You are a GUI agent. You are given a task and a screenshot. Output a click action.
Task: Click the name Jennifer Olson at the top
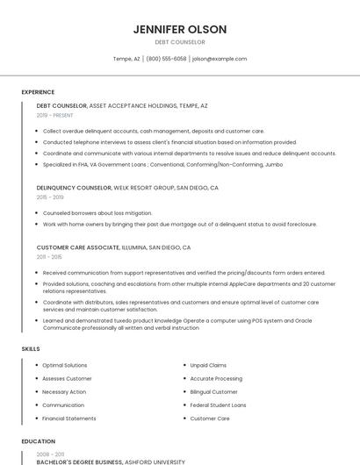[x=180, y=29]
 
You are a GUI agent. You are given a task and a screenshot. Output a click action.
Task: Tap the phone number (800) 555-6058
[x=166, y=59]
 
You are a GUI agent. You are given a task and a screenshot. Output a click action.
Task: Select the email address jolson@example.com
[x=220, y=59]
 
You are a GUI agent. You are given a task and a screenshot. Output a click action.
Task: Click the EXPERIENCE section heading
[x=38, y=92]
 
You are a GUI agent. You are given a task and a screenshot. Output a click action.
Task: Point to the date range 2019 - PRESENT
[x=55, y=115]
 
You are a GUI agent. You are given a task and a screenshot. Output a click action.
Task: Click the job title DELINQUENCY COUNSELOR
[x=74, y=188]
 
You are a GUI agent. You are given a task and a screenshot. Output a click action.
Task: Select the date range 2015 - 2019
[x=50, y=197]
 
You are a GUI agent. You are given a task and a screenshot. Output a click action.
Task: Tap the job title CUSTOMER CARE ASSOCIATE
[x=77, y=247]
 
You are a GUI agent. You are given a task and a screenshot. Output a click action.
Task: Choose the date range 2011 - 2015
[x=49, y=257]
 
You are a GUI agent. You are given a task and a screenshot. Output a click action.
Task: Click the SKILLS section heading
[x=31, y=349]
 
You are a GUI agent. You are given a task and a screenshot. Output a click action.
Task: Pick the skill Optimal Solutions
[x=65, y=365]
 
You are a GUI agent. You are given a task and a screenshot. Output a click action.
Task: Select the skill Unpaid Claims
[x=208, y=365]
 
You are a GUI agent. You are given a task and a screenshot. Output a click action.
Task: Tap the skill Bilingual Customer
[x=213, y=392]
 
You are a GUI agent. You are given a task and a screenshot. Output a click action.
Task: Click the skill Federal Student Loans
[x=218, y=405]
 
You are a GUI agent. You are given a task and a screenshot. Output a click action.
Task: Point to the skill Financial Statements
[x=69, y=418]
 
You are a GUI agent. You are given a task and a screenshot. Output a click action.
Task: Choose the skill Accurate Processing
[x=216, y=378]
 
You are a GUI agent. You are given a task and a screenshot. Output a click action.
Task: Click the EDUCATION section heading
[x=39, y=441]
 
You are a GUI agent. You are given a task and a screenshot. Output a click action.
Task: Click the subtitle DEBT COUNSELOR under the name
[x=180, y=42]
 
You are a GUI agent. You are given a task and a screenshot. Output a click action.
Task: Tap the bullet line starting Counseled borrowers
[x=97, y=213]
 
